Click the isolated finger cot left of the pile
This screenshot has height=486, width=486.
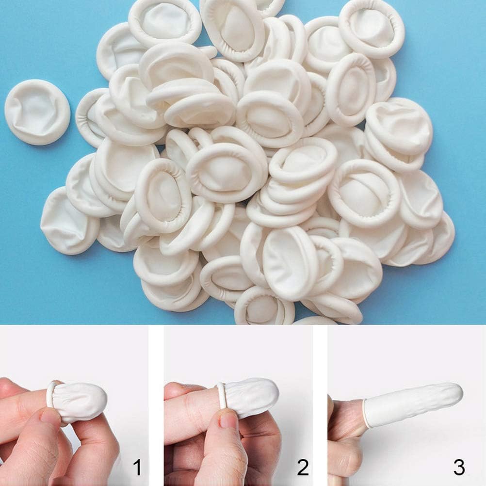click(x=37, y=112)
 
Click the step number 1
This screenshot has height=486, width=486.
click(x=137, y=468)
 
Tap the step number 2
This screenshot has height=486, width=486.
click(x=303, y=468)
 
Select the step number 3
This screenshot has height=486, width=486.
click(x=458, y=468)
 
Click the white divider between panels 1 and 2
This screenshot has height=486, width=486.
click(x=156, y=405)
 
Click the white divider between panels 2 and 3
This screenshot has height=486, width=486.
click(x=320, y=405)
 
